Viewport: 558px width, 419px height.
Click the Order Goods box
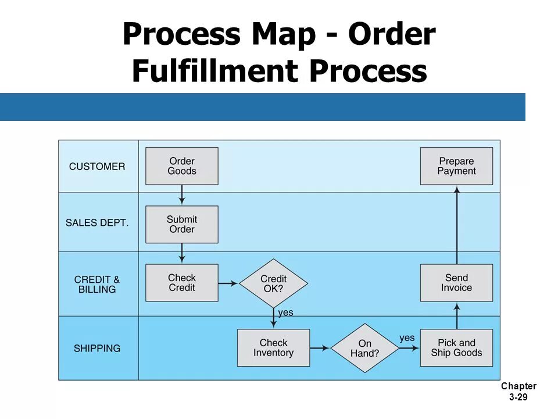[182, 166]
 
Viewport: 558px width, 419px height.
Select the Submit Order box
[182, 224]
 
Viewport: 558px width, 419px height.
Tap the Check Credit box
[182, 283]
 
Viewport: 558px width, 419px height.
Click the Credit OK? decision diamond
[273, 283]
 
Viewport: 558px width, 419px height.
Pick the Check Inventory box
[273, 348]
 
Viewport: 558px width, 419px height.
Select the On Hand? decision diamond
[364, 348]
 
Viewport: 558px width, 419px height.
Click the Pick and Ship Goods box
[456, 348]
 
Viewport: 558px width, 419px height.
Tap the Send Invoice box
[456, 283]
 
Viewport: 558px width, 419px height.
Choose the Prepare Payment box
[456, 166]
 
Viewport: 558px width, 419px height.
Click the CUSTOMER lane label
[97, 166]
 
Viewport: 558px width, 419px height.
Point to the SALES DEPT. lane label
[97, 223]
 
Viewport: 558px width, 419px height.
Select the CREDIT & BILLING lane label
[97, 285]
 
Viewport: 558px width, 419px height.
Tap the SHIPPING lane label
[97, 349]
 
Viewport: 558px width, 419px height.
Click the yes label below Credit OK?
[285, 313]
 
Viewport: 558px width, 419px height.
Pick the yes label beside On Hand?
[407, 338]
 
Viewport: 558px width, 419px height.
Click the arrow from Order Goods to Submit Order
[182, 195]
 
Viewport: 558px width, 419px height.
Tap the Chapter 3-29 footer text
[518, 392]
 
